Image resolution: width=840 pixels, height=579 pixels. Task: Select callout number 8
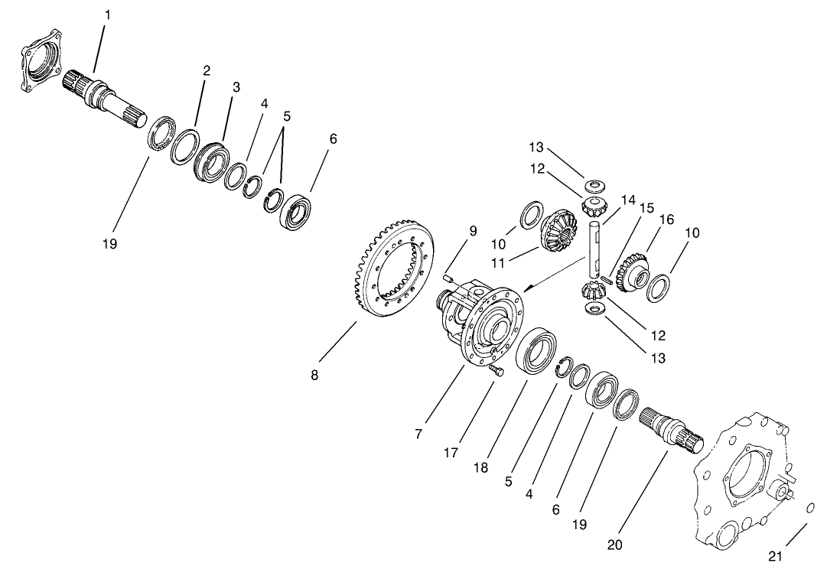pos(314,376)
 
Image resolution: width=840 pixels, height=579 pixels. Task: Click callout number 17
pos(451,453)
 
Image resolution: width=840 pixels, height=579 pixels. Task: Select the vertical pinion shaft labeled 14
pos(597,249)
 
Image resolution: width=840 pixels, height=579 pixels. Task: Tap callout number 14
pos(628,200)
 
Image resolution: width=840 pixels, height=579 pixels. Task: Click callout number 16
pos(666,220)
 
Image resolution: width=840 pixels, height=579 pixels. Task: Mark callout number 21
pos(776,557)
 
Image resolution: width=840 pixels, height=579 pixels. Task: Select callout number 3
pos(236,88)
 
